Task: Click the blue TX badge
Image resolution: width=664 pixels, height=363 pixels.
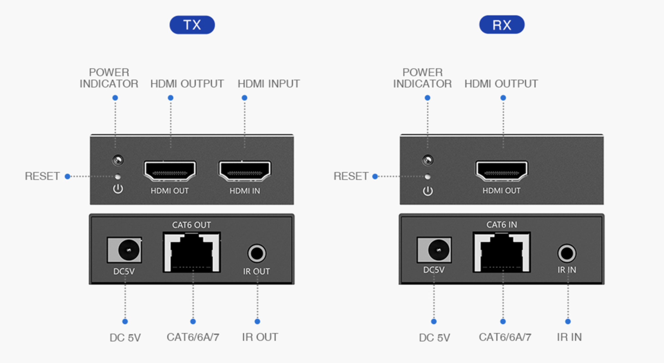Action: point(192,25)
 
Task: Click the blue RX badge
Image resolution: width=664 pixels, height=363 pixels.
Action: point(502,25)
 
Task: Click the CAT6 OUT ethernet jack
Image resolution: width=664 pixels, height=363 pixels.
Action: point(192,252)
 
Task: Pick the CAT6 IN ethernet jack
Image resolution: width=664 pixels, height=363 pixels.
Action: point(502,252)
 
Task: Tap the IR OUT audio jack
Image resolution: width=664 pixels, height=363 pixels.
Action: point(257,253)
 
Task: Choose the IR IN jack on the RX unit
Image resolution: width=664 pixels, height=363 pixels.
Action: point(567,253)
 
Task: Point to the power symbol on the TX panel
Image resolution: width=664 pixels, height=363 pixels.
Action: point(118,189)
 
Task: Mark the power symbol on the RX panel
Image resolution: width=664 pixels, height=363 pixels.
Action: point(428,191)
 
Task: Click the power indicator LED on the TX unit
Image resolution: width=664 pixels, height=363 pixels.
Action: point(118,160)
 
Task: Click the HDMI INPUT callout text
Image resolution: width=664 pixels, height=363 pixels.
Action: point(269,84)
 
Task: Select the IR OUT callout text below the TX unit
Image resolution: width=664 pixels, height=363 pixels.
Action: point(260,337)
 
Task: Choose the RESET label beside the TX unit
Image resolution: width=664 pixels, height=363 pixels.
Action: point(43,176)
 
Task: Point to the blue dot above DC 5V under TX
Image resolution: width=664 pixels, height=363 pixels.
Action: point(125,322)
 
